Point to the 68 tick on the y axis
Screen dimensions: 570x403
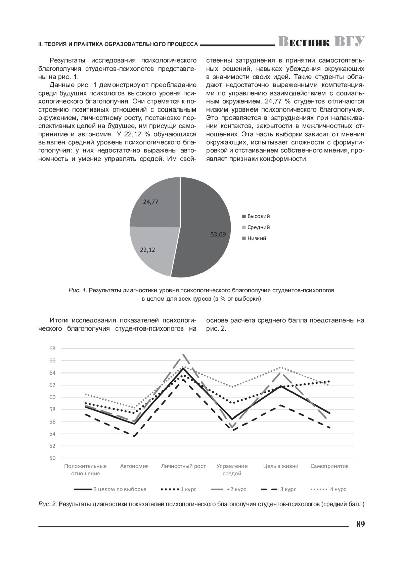click(52, 348)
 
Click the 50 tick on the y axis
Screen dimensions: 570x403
click(52, 458)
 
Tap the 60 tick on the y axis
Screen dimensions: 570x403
click(52, 397)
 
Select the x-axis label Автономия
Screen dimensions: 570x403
click(134, 466)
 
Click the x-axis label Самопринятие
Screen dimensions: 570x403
click(329, 466)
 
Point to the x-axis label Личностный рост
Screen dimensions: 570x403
click(183, 466)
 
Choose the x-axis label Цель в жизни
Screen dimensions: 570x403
click(281, 466)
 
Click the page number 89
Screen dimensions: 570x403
click(360, 524)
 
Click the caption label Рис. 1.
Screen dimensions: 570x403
click(78, 290)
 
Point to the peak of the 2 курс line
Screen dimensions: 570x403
click(183, 354)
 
